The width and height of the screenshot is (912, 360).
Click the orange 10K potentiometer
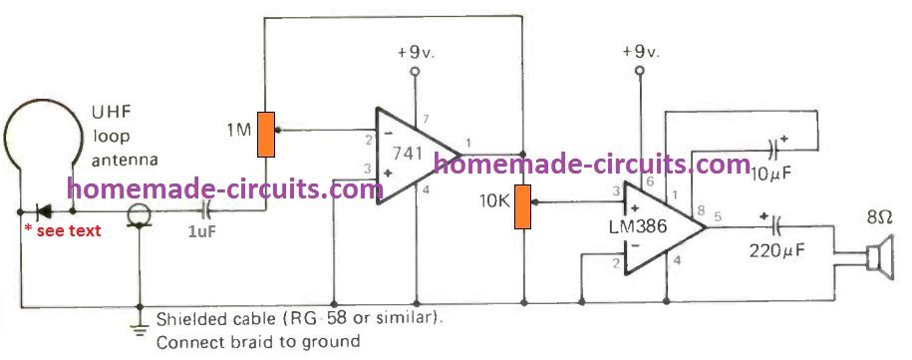[522, 207]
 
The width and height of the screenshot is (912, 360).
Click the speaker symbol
[876, 258]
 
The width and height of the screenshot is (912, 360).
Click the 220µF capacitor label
[772, 251]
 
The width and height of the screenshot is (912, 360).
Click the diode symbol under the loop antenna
[45, 212]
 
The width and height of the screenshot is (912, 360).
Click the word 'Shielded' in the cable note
[189, 320]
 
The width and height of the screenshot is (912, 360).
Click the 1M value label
[238, 130]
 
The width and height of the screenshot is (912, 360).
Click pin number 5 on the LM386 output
[721, 211]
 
